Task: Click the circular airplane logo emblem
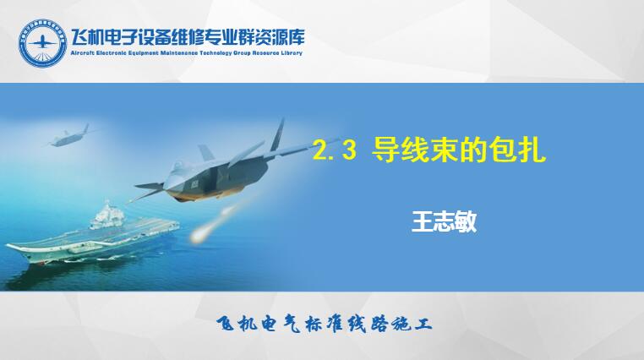[x=42, y=43]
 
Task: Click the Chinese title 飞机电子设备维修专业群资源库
[x=188, y=38]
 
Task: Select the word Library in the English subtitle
[x=292, y=53]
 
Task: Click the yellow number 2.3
[x=335, y=150]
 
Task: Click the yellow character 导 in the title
[x=386, y=150]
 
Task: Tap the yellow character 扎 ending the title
[x=532, y=150]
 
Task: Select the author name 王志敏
[x=444, y=222]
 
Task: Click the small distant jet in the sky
[x=68, y=137]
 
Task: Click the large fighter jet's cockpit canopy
[x=178, y=167]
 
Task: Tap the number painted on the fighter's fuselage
[x=194, y=185]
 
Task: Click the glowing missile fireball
[x=199, y=234]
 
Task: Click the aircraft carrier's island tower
[x=107, y=216]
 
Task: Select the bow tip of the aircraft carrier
[x=8, y=246]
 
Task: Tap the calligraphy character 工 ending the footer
[x=423, y=325]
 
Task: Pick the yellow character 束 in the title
[x=445, y=150]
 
